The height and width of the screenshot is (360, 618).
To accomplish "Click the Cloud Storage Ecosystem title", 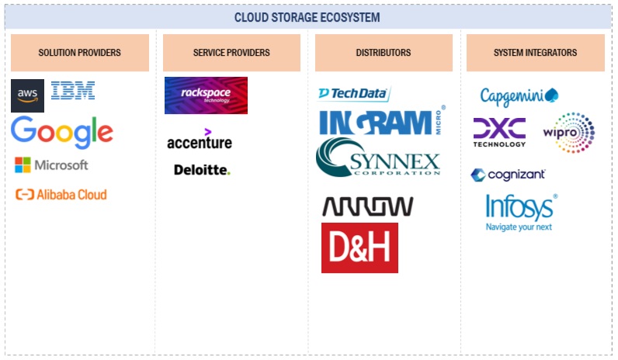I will (x=307, y=17).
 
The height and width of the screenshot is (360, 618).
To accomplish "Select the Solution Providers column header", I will (x=80, y=53).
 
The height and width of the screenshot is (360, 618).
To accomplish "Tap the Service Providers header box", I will (x=231, y=53).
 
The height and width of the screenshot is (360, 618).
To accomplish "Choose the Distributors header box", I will (x=384, y=53).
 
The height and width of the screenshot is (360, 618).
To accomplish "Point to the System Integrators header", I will (x=535, y=53).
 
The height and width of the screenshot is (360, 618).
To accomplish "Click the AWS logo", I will (x=28, y=95).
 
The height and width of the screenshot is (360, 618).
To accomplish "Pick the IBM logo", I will (x=73, y=91).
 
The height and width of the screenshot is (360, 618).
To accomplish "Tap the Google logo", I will (x=62, y=132).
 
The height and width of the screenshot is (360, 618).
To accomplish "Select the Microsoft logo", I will (x=51, y=164).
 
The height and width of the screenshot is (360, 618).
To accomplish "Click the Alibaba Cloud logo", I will (x=61, y=195).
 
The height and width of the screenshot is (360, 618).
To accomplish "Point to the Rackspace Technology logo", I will (x=206, y=95).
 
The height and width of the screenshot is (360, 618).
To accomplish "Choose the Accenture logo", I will (x=199, y=140).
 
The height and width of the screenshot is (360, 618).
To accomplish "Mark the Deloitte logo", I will (x=202, y=169).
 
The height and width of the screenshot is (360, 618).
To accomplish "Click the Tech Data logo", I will (x=353, y=93).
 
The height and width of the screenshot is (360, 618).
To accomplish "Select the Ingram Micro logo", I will (x=381, y=122).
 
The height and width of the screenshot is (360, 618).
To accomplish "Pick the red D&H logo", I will (x=359, y=247).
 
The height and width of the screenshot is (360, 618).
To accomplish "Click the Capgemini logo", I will (x=519, y=96).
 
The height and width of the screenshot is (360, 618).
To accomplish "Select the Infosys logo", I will (x=520, y=212).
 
